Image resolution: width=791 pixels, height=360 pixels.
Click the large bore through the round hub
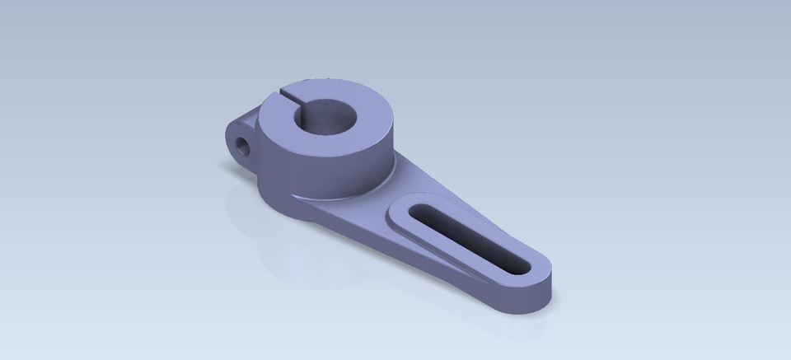coord(328,120)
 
